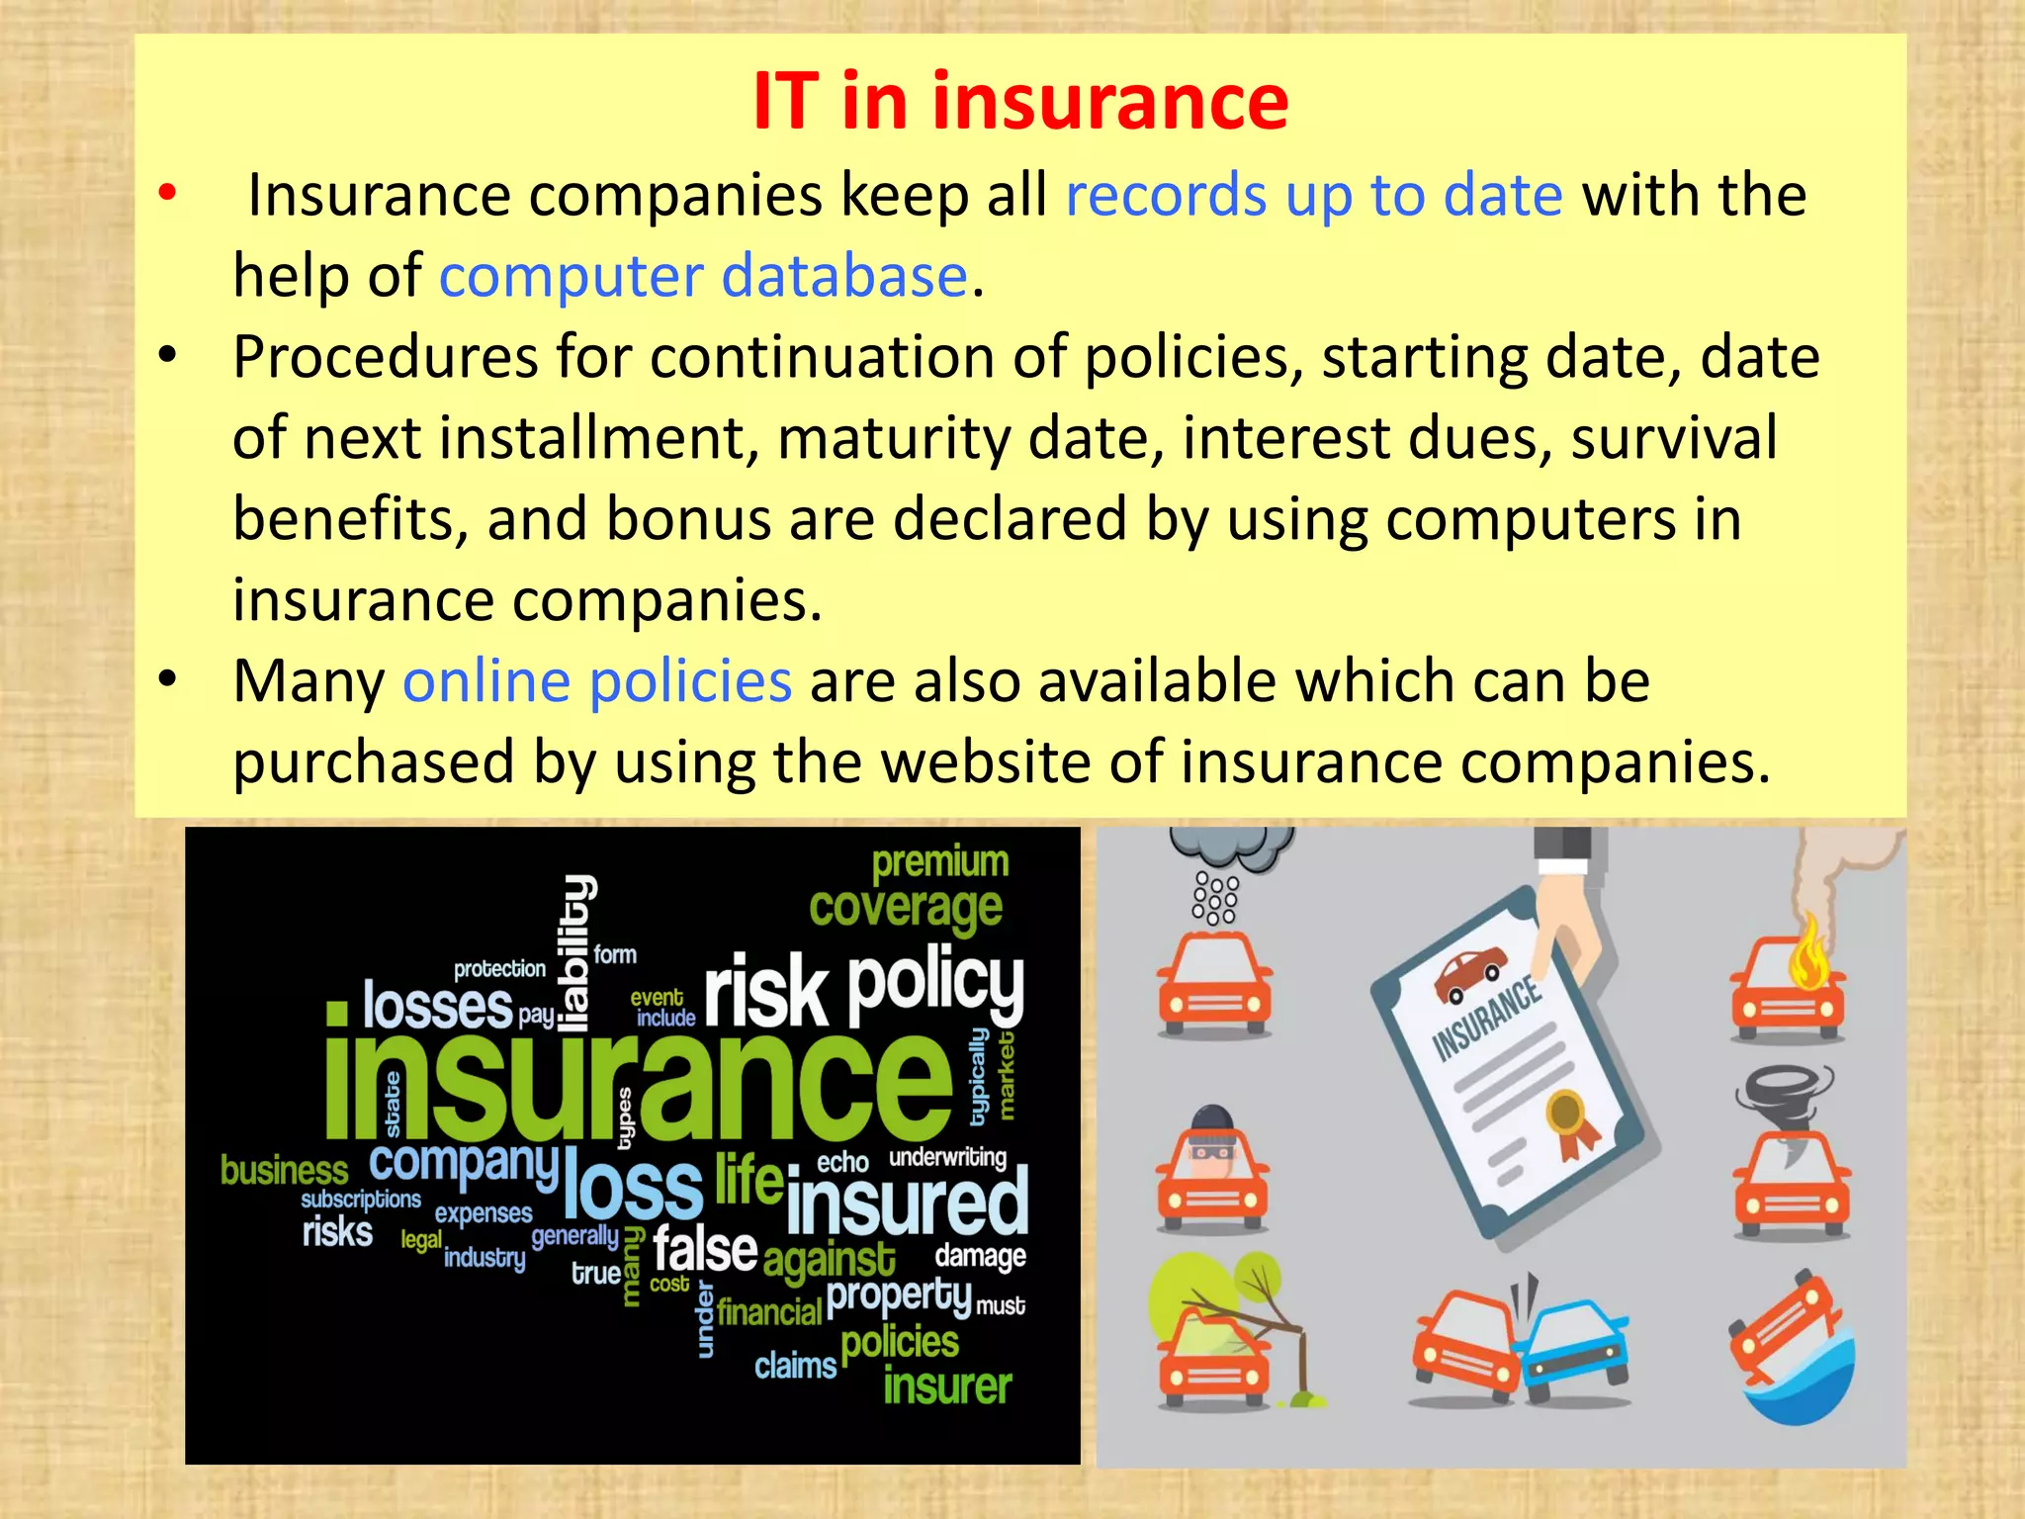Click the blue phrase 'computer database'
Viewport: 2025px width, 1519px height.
tap(703, 275)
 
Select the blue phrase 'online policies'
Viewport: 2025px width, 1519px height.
tap(597, 681)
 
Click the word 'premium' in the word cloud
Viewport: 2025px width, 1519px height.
tap(939, 861)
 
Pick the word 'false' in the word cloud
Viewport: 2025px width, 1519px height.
tap(705, 1249)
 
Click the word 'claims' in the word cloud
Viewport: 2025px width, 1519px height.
tap(795, 1367)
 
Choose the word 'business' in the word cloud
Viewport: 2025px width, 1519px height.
tap(284, 1171)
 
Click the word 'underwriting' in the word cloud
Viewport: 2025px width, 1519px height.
tap(947, 1157)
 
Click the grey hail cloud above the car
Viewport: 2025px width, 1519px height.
tap(1232, 847)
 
